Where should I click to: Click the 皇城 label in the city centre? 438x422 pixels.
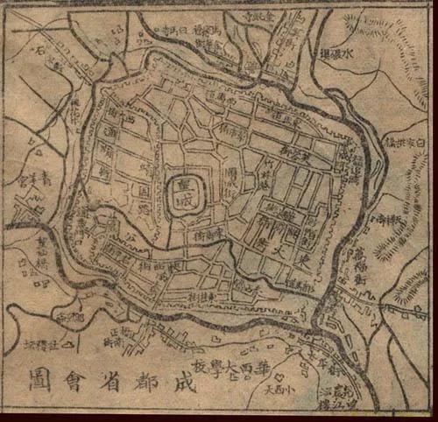point(186,187)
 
